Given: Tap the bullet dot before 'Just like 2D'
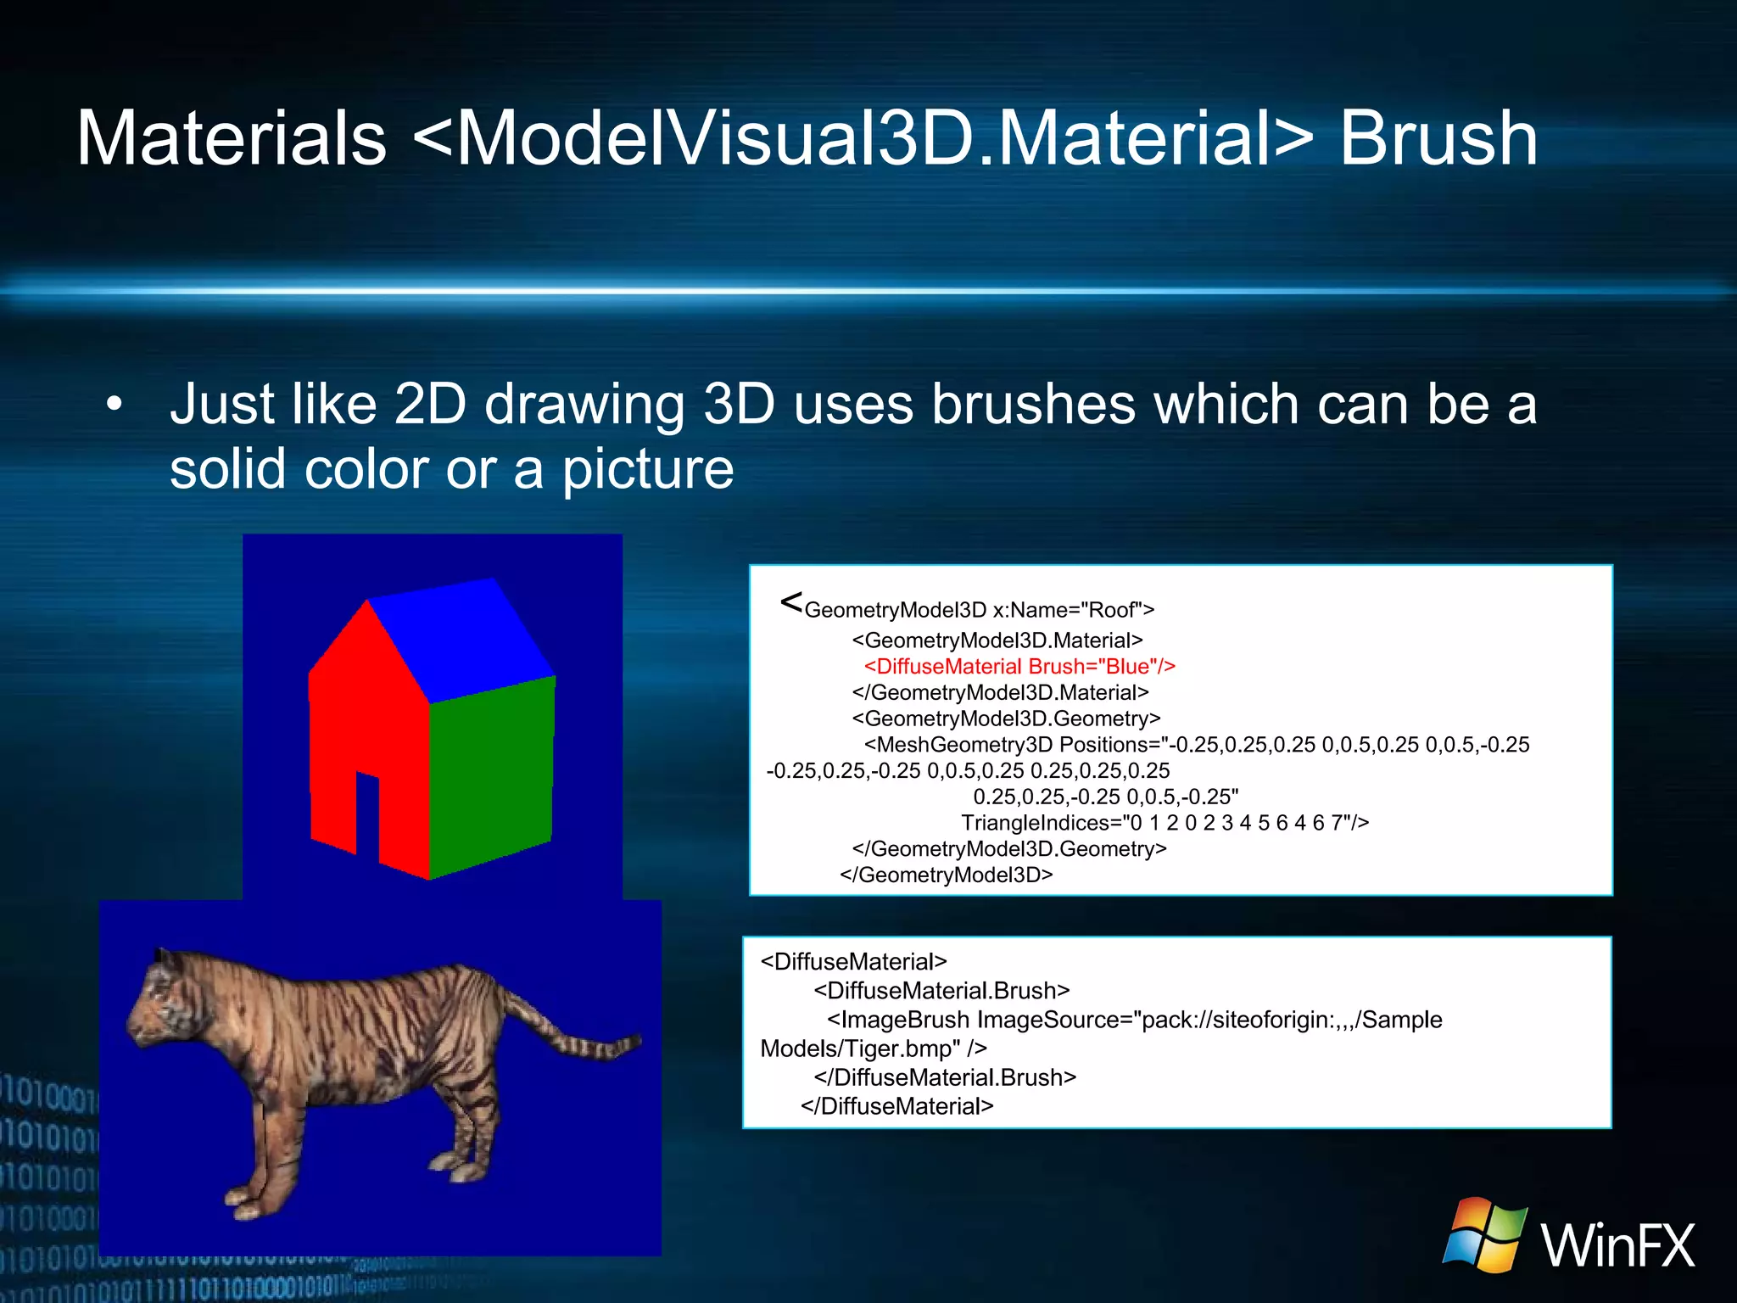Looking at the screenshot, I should coord(114,404).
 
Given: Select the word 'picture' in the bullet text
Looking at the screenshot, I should coord(648,468).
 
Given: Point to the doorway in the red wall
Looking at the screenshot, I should coord(367,814).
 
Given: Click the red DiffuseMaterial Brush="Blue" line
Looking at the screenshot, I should coord(1019,666).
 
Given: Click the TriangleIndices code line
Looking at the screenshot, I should coord(1165,822).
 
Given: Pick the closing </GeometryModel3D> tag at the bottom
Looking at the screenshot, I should coord(946,875).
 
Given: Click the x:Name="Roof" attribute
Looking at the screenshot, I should coord(1073,610).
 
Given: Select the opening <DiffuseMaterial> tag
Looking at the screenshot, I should coord(853,961).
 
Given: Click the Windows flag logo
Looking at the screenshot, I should coord(1484,1234).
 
